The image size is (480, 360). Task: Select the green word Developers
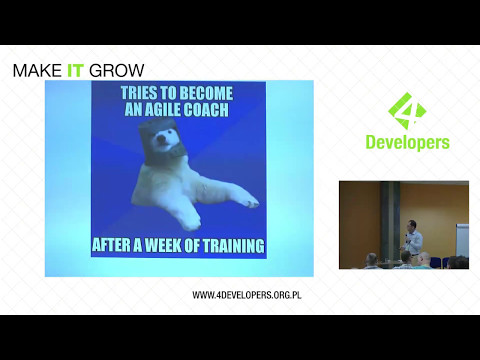405,143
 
